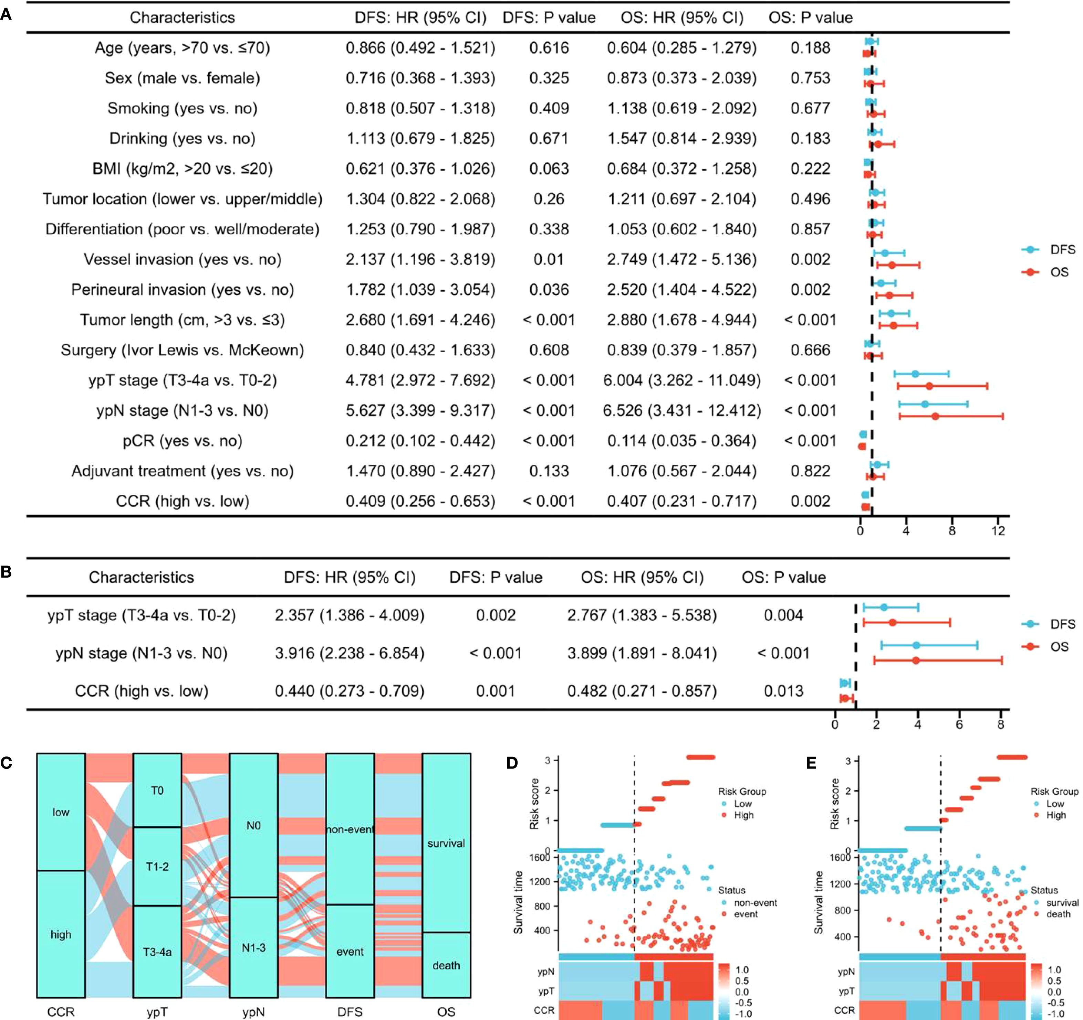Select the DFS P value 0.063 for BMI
tap(549, 169)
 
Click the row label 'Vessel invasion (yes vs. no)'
tap(183, 259)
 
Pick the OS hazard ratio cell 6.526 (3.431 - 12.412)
tap(681, 410)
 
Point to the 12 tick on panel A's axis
tap(998, 531)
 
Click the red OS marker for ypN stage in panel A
tap(935, 416)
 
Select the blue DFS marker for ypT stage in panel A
tap(915, 374)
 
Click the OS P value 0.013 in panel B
tap(783, 691)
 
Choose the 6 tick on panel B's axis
tap(959, 724)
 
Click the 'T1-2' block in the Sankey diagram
tap(157, 867)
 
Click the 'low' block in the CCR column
tap(61, 812)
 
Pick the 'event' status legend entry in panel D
tap(745, 914)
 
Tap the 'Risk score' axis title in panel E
tap(834, 803)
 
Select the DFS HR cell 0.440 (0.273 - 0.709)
tap(349, 691)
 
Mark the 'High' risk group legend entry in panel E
tap(1055, 815)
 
